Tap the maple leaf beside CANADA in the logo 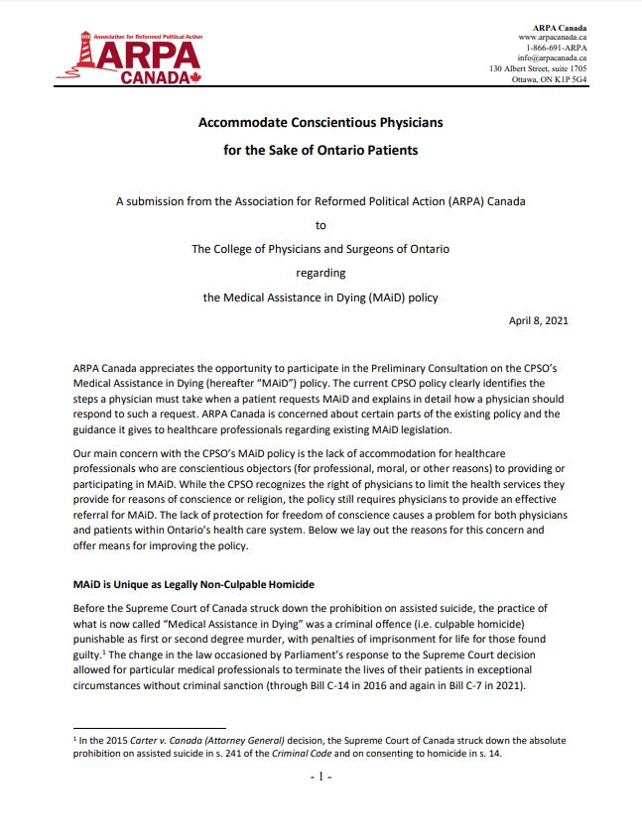194,77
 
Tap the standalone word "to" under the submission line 321,225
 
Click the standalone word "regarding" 321,273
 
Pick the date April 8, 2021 538,320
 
